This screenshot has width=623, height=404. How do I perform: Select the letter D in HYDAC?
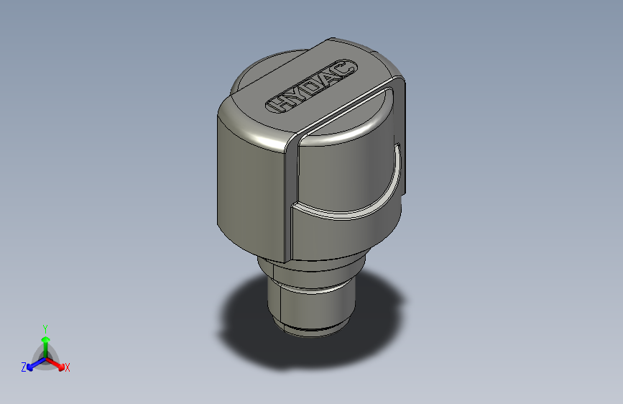[x=314, y=86]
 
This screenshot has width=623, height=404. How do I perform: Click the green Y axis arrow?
[x=45, y=338]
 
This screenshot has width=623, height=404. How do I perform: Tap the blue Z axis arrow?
[x=32, y=364]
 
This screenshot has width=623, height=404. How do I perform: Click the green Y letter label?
[x=45, y=327]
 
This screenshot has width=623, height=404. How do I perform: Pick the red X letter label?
[x=68, y=367]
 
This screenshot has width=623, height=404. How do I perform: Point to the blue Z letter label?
[x=24, y=367]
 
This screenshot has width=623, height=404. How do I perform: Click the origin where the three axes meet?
[x=45, y=357]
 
